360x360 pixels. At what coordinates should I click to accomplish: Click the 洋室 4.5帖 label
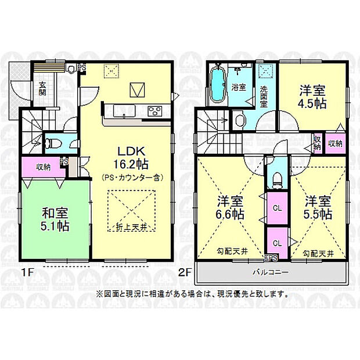coord(312,97)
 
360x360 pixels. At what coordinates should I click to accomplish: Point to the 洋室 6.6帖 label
coord(231,208)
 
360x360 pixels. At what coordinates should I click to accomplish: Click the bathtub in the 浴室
coord(218,85)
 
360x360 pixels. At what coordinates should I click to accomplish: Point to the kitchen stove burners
coord(155,110)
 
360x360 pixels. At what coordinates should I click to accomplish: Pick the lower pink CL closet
coord(278,243)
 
